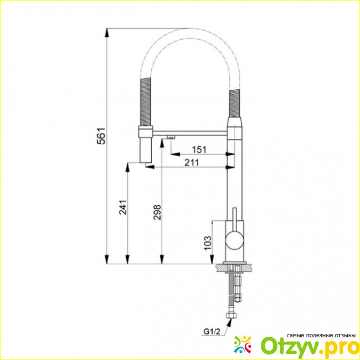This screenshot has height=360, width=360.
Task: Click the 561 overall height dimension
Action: [101, 136]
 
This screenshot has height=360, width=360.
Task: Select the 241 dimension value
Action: [123, 207]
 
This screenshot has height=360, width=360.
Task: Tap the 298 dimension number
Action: [157, 212]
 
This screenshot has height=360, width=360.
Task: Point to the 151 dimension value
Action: [199, 150]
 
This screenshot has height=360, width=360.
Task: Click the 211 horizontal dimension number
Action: [192, 162]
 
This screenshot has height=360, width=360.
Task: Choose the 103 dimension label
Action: [207, 243]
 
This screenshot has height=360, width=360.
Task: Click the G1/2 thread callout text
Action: [212, 332]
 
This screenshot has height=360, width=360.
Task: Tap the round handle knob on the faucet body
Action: [234, 240]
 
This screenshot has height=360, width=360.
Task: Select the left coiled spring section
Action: [146, 102]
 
